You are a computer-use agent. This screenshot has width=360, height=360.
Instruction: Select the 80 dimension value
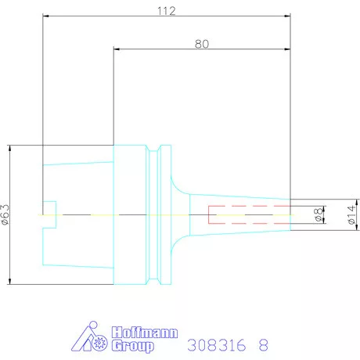tap(202, 44)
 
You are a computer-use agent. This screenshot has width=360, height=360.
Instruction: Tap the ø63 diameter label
tap(5, 214)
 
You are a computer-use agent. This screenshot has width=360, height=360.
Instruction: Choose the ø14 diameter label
tap(351, 214)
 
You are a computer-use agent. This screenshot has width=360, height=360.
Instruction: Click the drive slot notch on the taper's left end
tap(50, 214)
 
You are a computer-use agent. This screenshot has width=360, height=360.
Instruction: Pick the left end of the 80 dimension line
tap(114, 50)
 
